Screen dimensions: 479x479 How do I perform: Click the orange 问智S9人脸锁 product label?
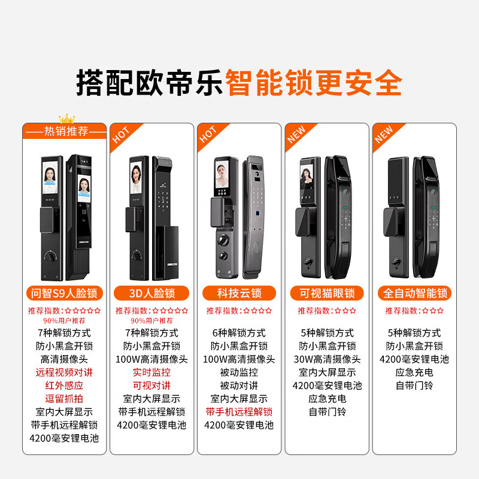(65, 293)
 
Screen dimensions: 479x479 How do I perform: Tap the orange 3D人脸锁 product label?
(151, 293)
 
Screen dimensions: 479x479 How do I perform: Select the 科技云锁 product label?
(239, 293)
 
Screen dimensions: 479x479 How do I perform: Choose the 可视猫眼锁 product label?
(327, 293)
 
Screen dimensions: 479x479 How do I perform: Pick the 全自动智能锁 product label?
(414, 293)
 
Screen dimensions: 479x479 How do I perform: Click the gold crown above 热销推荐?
(65, 119)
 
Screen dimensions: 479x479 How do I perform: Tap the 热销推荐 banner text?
(65, 131)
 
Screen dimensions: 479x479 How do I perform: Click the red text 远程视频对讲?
(65, 372)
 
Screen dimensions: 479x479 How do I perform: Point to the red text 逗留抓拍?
(65, 399)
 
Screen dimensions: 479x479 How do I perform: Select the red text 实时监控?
(151, 372)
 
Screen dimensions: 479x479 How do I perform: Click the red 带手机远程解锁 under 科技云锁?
(239, 412)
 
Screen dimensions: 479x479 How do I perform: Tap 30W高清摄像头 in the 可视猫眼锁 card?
(327, 359)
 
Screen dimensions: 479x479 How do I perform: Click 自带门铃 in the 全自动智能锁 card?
(414, 386)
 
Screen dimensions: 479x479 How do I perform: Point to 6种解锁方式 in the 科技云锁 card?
(239, 333)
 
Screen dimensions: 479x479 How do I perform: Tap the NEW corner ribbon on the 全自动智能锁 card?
(384, 135)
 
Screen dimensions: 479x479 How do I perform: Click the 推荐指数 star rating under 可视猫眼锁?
(327, 311)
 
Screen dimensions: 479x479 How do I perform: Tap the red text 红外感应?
(65, 386)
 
